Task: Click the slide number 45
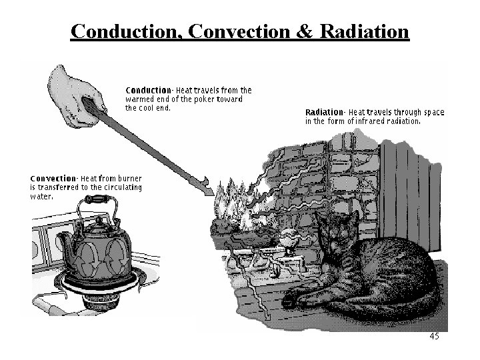tap(434, 337)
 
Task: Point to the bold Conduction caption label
tap(148, 90)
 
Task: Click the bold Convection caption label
tap(53, 179)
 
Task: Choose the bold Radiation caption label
tap(325, 113)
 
